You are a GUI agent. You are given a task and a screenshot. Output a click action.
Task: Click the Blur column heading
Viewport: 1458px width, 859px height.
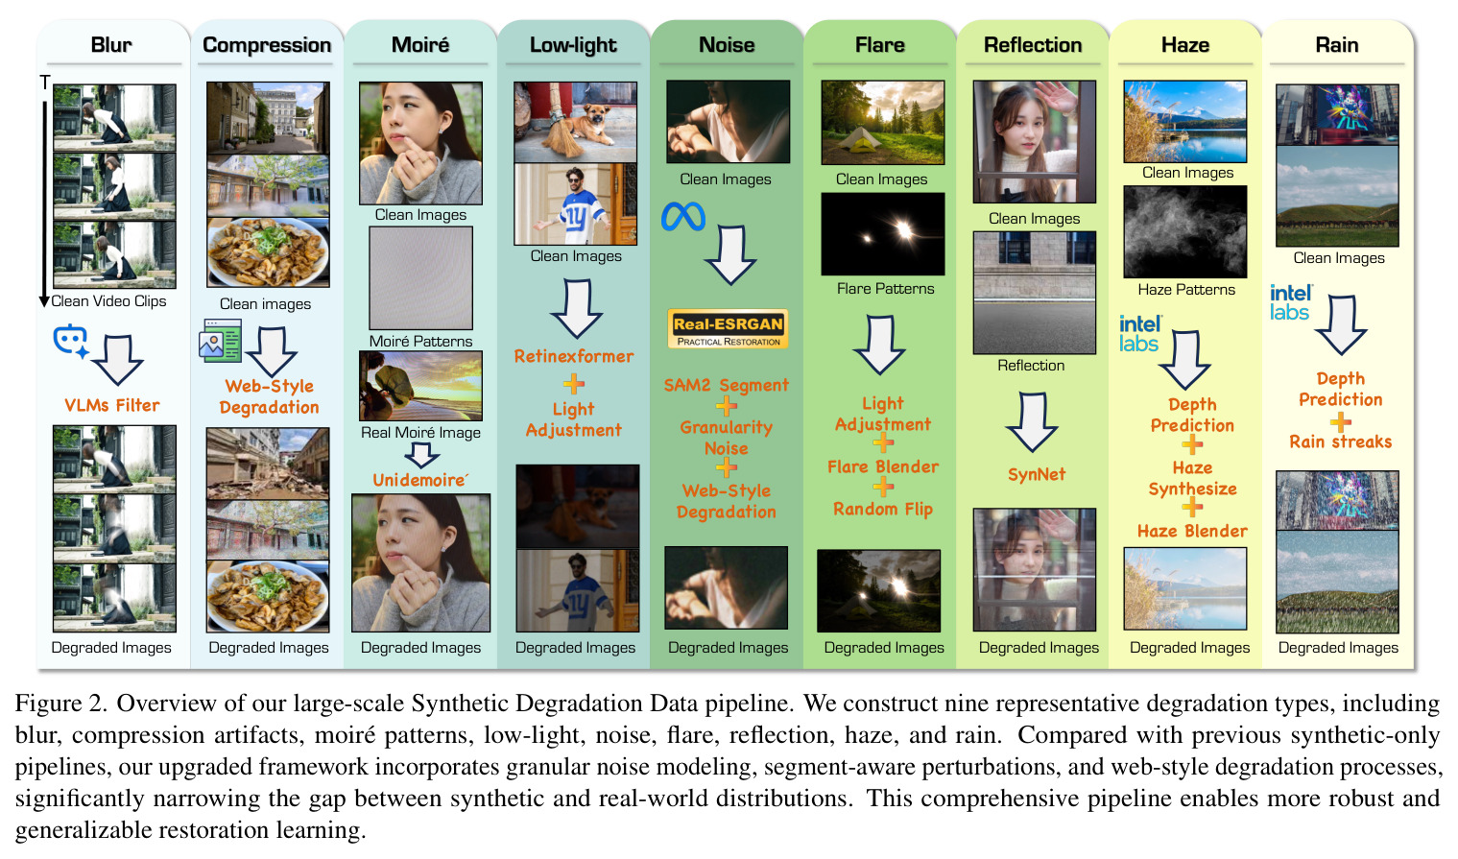click(111, 45)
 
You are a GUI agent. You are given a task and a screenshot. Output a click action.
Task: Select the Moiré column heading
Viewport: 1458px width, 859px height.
click(420, 45)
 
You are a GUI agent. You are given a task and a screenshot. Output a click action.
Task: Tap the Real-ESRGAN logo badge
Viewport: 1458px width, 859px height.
click(728, 328)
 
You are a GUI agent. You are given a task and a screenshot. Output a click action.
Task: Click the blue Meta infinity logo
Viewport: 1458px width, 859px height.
click(682, 217)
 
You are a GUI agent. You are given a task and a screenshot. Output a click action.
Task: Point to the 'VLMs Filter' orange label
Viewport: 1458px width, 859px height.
click(112, 405)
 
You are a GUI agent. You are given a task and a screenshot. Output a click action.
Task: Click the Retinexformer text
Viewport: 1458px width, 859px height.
click(573, 357)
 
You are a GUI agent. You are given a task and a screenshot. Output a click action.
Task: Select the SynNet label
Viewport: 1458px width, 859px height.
click(1037, 474)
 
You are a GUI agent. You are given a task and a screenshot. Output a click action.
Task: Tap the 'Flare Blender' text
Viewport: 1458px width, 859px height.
click(883, 466)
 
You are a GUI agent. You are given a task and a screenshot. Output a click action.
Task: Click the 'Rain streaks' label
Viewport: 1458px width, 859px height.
click(1340, 441)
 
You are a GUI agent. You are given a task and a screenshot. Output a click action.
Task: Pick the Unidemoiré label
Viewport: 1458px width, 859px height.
click(420, 480)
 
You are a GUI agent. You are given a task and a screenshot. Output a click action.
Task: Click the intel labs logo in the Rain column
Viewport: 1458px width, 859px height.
click(1291, 302)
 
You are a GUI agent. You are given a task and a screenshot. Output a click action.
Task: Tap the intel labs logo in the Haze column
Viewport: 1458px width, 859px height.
click(1140, 334)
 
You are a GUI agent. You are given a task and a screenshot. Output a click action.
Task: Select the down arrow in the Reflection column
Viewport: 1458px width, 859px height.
click(1032, 422)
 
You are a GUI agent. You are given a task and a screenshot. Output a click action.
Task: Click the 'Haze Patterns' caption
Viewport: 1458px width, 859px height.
click(1186, 290)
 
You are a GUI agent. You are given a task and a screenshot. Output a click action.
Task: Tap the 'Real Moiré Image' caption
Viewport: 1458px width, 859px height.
click(420, 433)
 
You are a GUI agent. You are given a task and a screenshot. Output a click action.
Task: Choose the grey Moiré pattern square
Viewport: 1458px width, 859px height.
click(421, 278)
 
